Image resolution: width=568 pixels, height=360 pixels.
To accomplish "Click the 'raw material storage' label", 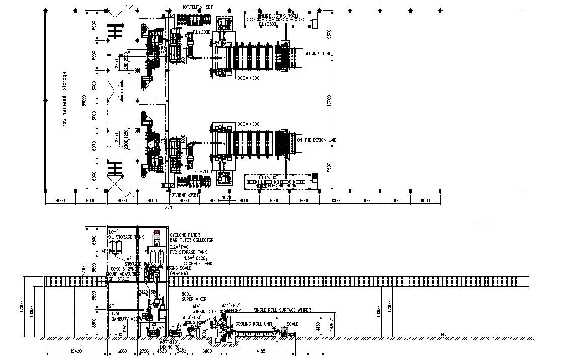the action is pyautogui.click(x=64, y=99).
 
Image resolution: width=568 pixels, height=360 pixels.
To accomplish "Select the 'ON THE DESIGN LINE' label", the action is pyautogui.click(x=316, y=140).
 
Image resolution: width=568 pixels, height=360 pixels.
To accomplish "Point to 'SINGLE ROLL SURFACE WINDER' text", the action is pyautogui.click(x=282, y=310).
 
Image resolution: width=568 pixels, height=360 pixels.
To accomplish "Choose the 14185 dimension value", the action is pyautogui.click(x=260, y=350).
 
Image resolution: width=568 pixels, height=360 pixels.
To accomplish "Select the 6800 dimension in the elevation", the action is pyautogui.click(x=206, y=350).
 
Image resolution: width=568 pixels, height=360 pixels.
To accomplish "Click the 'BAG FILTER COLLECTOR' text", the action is pyautogui.click(x=191, y=240).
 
